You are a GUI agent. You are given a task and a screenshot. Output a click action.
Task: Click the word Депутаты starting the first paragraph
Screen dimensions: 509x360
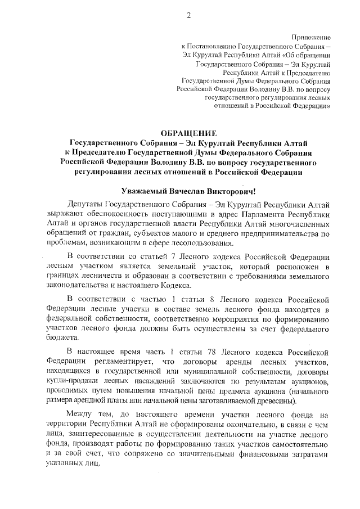pyautogui.click(x=84, y=206)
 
